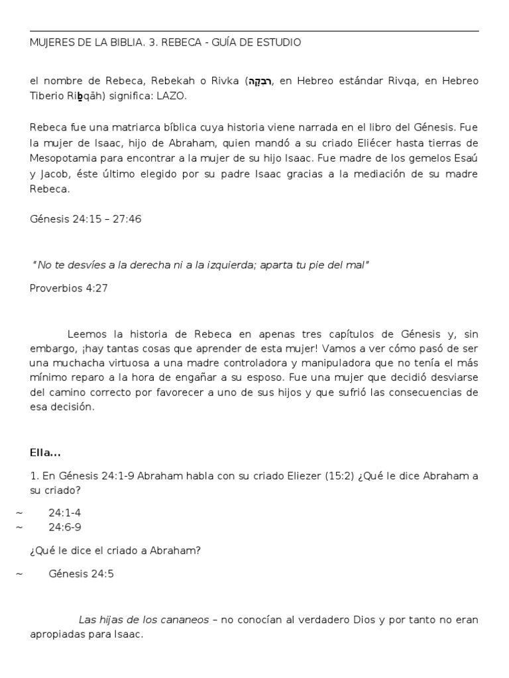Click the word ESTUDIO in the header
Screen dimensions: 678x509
point(279,42)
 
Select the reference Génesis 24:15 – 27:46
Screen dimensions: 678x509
point(85,219)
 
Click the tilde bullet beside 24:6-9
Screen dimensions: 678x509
point(19,527)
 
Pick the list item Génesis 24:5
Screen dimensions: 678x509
point(82,573)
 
